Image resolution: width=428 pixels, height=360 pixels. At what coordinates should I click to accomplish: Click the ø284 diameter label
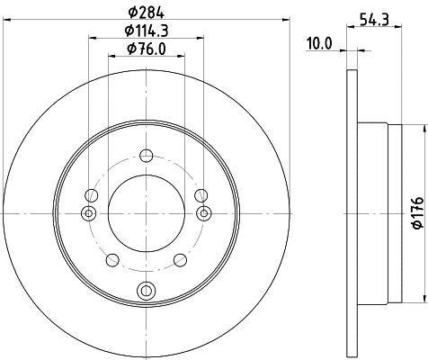coord(146,12)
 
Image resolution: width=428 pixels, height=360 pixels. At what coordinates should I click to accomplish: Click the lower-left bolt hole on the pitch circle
coord(112,260)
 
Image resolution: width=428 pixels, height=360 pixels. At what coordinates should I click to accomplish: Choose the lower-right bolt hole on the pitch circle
coord(180,260)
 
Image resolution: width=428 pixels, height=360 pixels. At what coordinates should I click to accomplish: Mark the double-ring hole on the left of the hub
coord(87,213)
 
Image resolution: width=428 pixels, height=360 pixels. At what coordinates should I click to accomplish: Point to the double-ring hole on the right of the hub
coord(204,213)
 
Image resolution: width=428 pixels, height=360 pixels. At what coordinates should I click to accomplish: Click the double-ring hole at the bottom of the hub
coord(146,289)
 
